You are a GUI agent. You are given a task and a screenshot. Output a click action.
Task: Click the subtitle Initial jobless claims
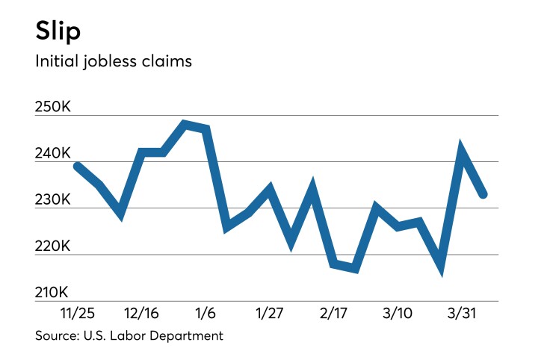pos(113,61)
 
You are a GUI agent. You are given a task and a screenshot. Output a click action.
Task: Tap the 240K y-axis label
pos(53,155)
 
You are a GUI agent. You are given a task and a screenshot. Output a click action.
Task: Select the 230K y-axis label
pos(53,201)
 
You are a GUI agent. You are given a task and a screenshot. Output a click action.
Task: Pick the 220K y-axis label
pos(53,246)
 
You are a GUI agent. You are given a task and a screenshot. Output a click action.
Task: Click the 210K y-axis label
pos(53,293)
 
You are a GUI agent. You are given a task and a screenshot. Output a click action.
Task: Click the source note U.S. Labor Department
pos(129,336)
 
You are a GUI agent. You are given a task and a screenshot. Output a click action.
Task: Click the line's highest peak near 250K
pos(185,124)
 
